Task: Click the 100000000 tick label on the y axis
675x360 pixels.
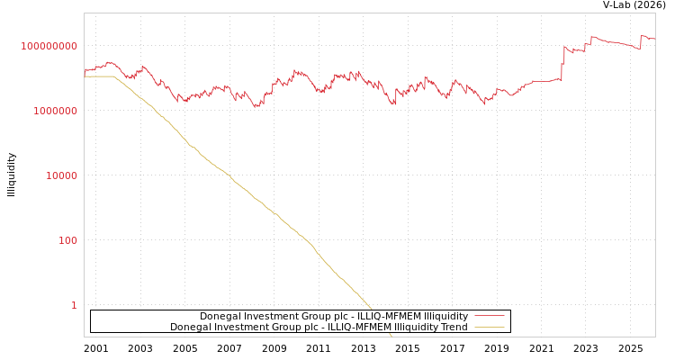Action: (x=49, y=46)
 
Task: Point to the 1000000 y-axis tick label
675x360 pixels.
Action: (x=55, y=111)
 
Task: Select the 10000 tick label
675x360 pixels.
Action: (x=61, y=175)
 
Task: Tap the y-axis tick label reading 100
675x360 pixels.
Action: (x=68, y=240)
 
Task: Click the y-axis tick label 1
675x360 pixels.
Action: (x=74, y=305)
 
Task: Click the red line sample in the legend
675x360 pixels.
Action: (x=490, y=317)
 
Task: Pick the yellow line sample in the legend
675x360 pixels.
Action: (x=490, y=328)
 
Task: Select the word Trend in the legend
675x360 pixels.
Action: (x=453, y=328)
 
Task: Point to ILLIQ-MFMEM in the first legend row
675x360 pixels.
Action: (x=389, y=317)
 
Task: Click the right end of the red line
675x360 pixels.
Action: (x=654, y=39)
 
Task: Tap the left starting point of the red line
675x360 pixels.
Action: (x=85, y=71)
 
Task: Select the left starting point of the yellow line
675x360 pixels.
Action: (x=85, y=76)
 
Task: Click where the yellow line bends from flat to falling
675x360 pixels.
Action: (x=114, y=77)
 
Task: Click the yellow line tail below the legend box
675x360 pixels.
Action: (x=390, y=334)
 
